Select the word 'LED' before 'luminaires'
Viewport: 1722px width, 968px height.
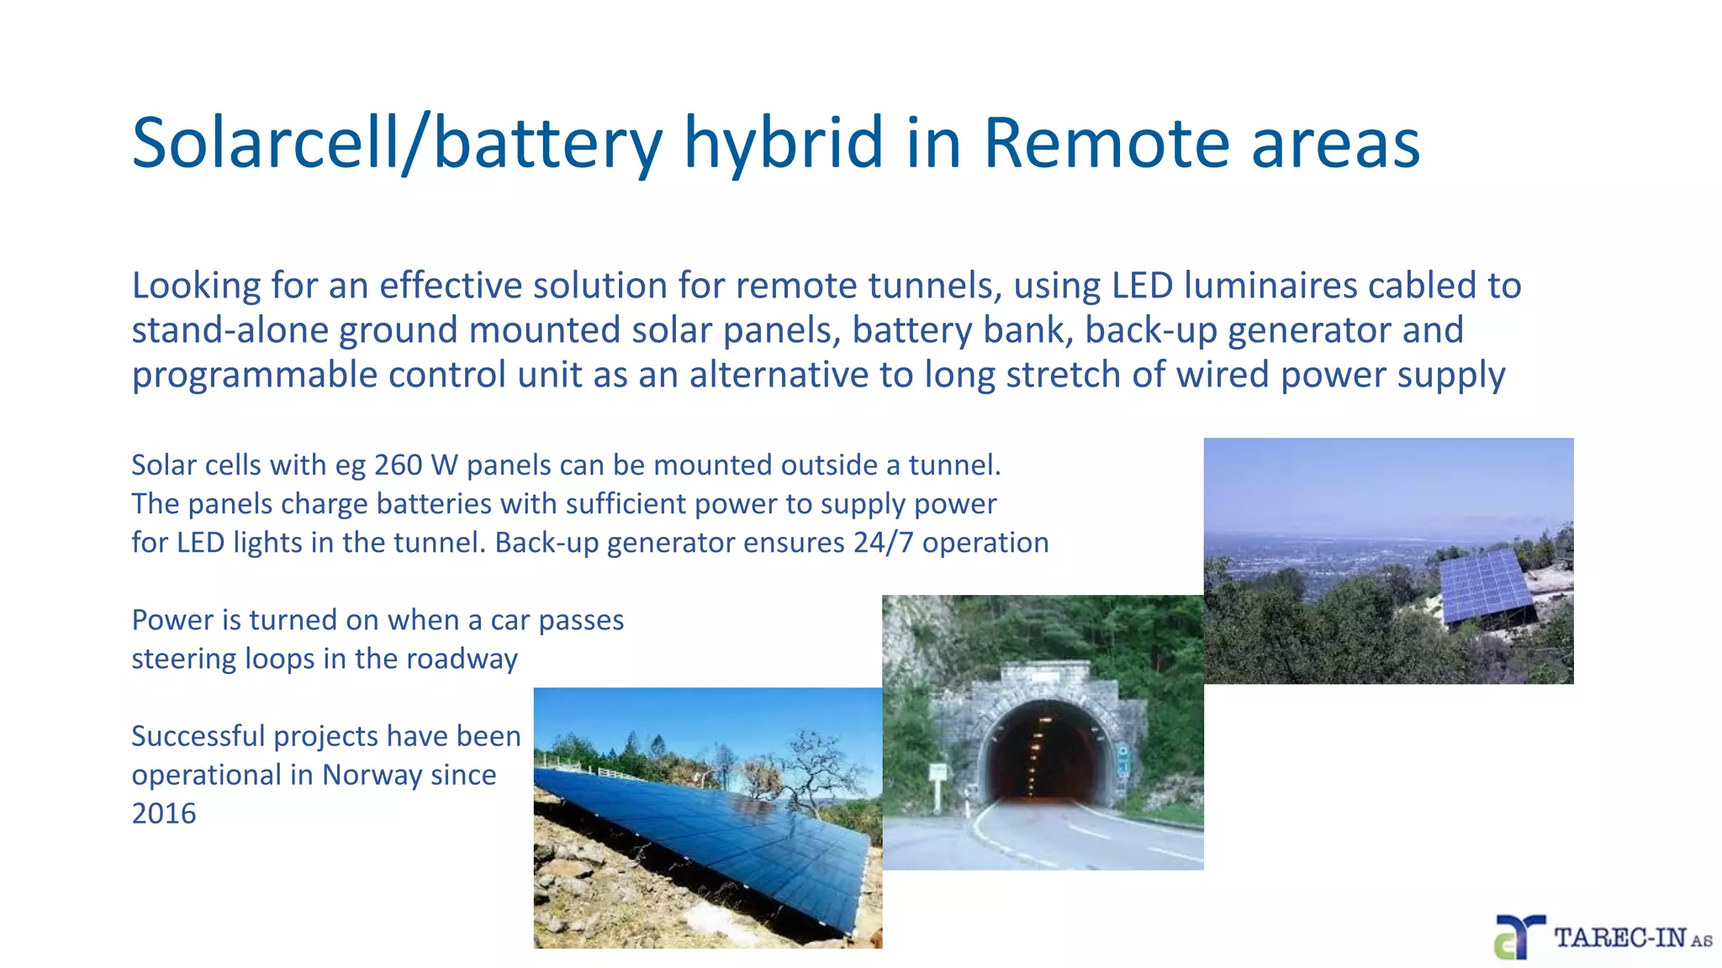1142,286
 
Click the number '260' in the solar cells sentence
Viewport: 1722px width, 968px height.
398,465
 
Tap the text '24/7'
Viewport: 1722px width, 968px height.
883,543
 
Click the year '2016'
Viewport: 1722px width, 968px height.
164,813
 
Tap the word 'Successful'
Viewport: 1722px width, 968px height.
198,736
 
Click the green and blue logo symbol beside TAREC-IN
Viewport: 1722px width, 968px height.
1518,937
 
